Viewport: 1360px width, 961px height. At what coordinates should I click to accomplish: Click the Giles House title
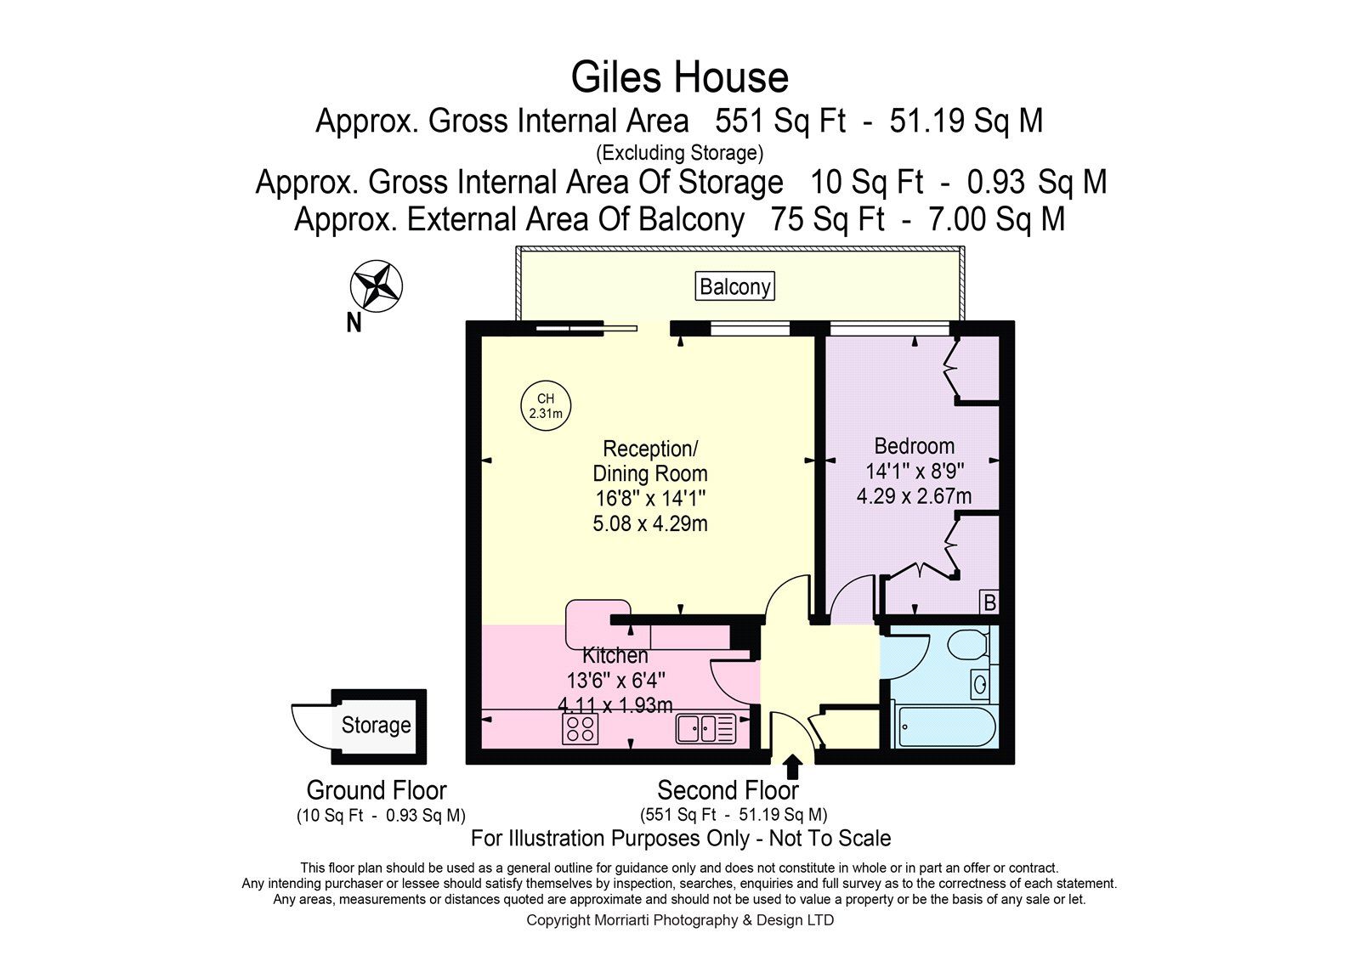679,77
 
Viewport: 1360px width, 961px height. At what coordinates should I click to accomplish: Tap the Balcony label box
734,286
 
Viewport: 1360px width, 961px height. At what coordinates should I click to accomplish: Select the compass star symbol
377,286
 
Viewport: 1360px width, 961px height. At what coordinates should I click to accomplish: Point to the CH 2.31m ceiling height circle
546,405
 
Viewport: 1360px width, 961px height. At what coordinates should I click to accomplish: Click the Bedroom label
915,446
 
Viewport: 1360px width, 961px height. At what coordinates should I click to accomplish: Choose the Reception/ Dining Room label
650,461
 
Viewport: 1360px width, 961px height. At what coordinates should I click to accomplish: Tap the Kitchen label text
615,656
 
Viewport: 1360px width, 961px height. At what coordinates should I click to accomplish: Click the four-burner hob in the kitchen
581,728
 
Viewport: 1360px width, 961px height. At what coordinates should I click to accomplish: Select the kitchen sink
706,728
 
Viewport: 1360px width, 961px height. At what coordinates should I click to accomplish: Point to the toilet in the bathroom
968,645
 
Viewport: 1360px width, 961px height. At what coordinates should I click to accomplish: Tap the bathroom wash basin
980,685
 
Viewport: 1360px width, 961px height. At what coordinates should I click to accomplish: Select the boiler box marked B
989,602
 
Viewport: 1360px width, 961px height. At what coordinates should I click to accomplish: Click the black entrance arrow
791,766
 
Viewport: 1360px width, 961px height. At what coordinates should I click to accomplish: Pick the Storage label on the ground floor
376,725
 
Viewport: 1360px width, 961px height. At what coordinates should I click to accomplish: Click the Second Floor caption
728,790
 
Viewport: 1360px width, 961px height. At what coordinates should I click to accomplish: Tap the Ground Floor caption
377,790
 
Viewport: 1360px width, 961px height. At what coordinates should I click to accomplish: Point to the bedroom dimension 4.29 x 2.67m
914,496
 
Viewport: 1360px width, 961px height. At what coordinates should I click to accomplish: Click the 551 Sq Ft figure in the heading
780,120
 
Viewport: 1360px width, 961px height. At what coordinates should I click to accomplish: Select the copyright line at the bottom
680,919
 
